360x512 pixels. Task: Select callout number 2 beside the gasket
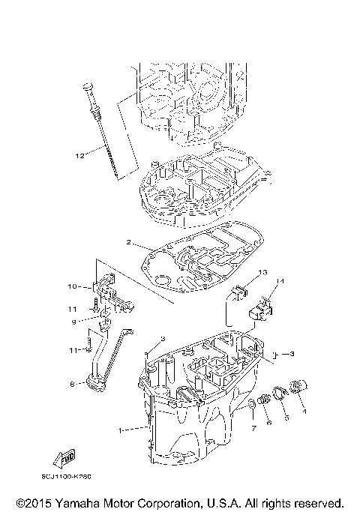pyautogui.click(x=128, y=243)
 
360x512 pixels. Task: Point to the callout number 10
pyautogui.click(x=73, y=286)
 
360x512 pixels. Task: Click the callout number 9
pyautogui.click(x=74, y=322)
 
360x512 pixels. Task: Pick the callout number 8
pyautogui.click(x=72, y=384)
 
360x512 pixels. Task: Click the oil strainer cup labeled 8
pyautogui.click(x=94, y=385)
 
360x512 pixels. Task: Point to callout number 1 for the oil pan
pyautogui.click(x=121, y=430)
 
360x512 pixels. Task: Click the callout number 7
pyautogui.click(x=253, y=427)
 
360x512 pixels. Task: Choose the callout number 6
pyautogui.click(x=268, y=424)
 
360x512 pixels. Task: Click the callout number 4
pyautogui.click(x=304, y=411)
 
